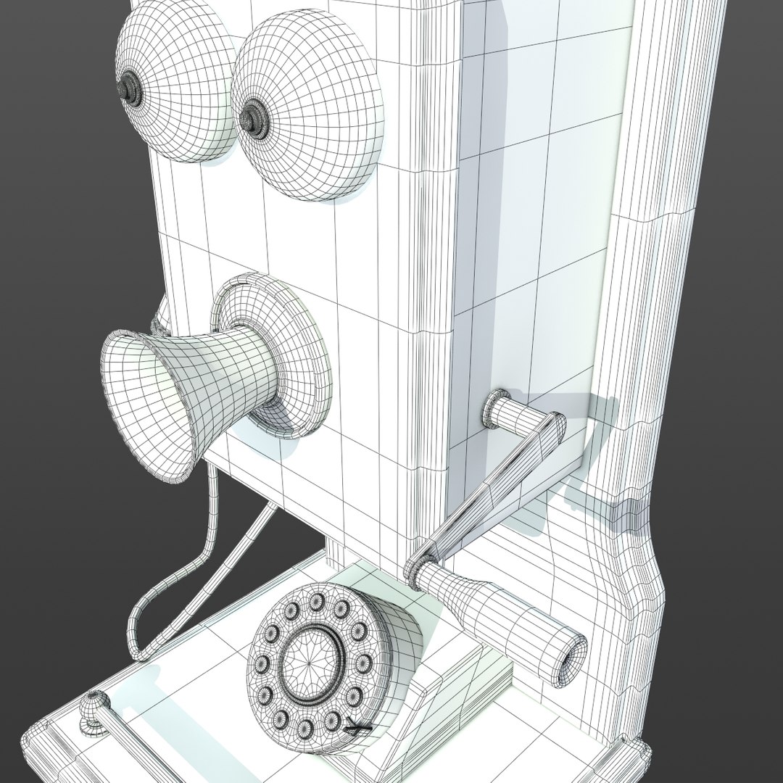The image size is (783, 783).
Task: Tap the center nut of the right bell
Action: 252,116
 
